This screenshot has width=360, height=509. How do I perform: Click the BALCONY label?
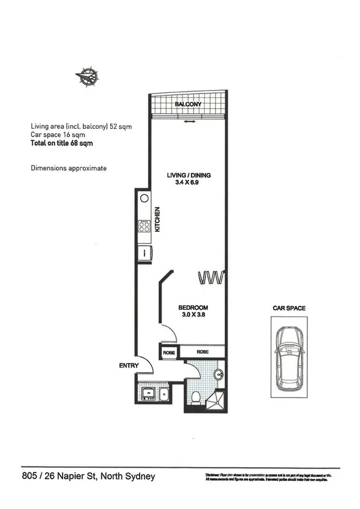click(x=187, y=105)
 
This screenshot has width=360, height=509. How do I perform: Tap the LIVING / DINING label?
click(x=189, y=176)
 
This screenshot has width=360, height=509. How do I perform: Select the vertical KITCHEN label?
click(x=158, y=219)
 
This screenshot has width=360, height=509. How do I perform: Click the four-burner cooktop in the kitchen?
click(x=144, y=227)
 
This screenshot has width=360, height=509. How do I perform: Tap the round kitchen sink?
click(x=144, y=198)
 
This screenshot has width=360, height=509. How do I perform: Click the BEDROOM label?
click(x=193, y=308)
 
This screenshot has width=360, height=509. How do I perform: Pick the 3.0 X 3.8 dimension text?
click(x=193, y=315)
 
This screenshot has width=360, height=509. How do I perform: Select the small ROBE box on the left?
click(x=168, y=353)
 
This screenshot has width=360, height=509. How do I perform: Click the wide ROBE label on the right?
click(x=203, y=353)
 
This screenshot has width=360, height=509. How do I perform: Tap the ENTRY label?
click(x=129, y=366)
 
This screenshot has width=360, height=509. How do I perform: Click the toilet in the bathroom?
click(x=195, y=396)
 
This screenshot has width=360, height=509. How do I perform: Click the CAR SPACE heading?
click(x=289, y=308)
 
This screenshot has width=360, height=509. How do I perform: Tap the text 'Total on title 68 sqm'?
click(x=62, y=143)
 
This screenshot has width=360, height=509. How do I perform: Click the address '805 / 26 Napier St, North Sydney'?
click(x=88, y=477)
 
